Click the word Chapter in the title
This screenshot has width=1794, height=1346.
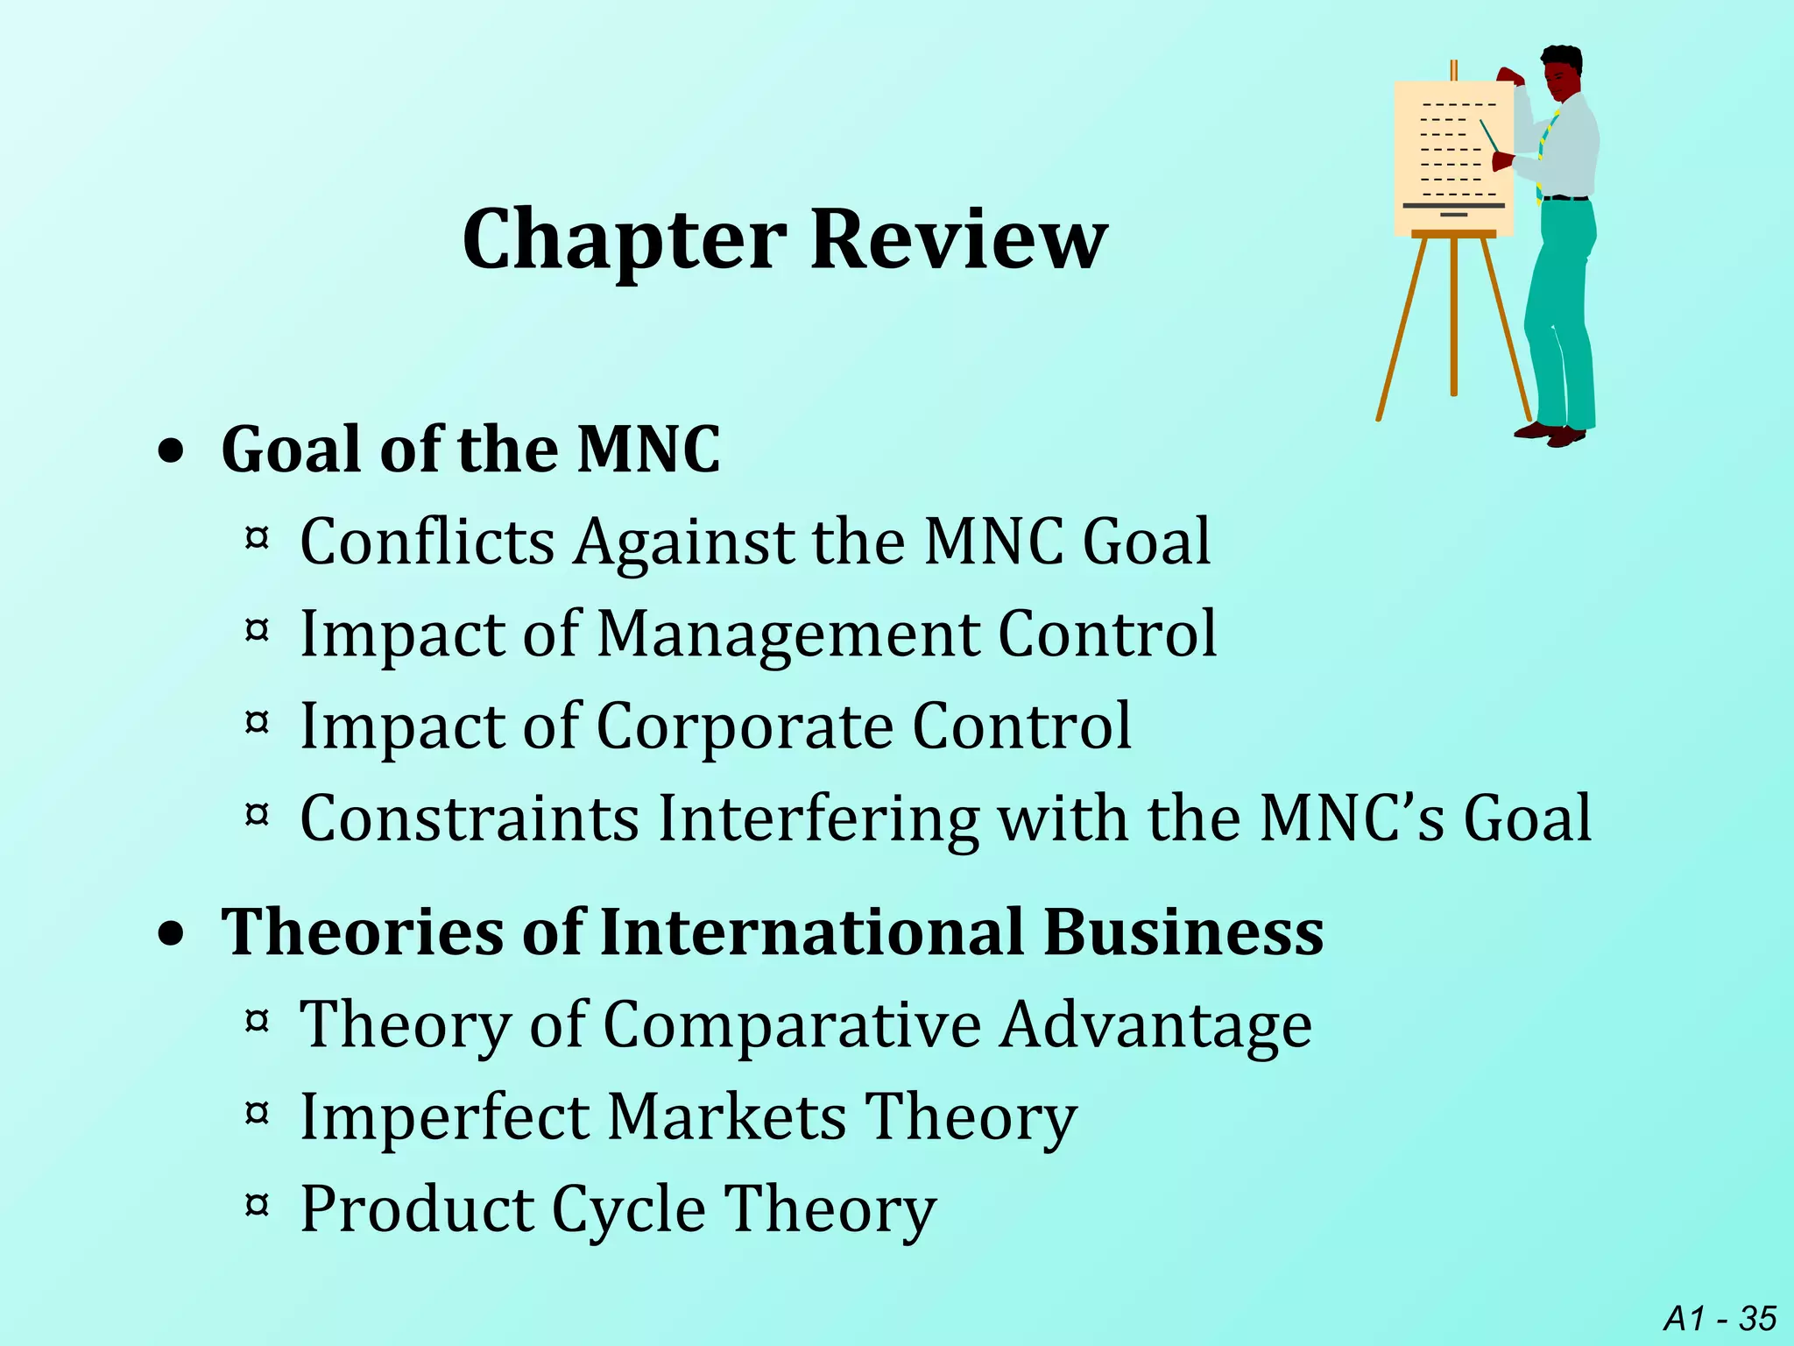click(x=624, y=240)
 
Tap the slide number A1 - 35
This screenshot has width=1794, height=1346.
click(x=1720, y=1318)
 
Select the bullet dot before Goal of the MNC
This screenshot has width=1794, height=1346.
click(x=173, y=452)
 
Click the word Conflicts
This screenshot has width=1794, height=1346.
click(x=427, y=541)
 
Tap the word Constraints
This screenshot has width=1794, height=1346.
click(x=470, y=818)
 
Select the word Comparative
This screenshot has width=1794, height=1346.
click(x=792, y=1024)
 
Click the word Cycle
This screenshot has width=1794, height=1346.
click(x=628, y=1210)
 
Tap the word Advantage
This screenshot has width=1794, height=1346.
click(x=1155, y=1026)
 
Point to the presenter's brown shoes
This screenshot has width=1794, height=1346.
click(x=1550, y=433)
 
